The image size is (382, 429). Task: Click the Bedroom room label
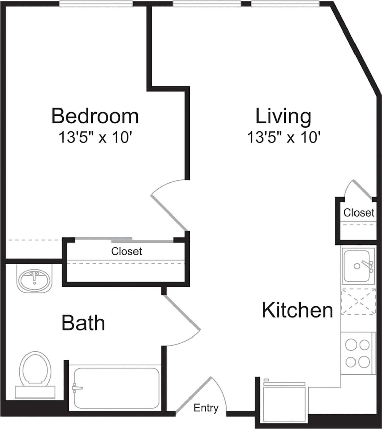[95, 116]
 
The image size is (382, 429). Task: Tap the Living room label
[283, 116]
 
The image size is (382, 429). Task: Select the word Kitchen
[297, 310]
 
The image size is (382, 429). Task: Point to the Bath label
[83, 323]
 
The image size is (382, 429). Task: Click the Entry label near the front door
[206, 408]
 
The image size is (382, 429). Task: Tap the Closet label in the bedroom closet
[126, 251]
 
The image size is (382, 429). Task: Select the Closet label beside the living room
[359, 212]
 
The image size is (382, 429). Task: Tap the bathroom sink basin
[34, 280]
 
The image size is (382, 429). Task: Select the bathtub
[116, 388]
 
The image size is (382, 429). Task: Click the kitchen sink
[358, 266]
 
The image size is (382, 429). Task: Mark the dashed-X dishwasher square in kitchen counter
[358, 302]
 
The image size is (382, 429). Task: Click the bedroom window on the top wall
[96, 4]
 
